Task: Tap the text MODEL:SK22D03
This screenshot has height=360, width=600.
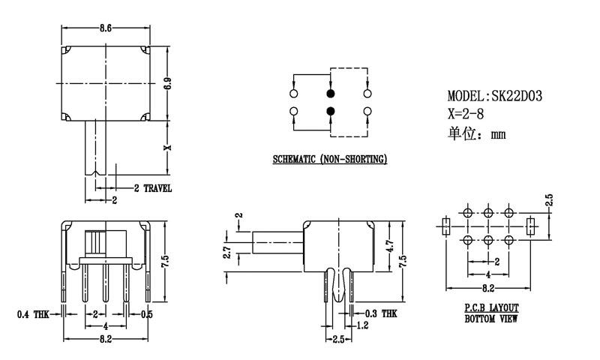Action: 495,96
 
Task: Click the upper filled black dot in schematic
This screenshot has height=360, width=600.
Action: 330,94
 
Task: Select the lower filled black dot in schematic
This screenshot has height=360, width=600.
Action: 330,112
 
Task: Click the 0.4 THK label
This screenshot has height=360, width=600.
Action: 32,314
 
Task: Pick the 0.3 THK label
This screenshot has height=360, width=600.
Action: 380,314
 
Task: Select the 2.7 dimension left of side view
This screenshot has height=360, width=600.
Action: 226,253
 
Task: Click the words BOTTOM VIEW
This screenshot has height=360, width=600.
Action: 491,319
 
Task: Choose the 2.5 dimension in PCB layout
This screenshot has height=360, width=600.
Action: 549,201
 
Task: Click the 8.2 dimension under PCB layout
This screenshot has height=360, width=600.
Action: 487,287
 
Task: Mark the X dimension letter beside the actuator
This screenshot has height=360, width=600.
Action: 168,147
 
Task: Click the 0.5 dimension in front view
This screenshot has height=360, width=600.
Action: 147,314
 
